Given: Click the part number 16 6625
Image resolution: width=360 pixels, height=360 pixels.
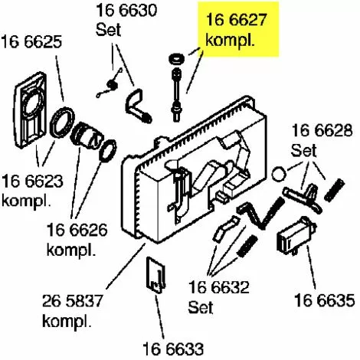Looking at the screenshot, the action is point(31,42).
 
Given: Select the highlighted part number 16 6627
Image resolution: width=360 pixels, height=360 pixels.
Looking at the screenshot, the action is point(236,19).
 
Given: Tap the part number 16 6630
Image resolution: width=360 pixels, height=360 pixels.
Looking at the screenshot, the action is point(126,10).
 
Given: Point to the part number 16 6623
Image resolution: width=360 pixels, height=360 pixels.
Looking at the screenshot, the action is point(33,181).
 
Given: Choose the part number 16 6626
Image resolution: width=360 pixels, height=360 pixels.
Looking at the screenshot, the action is point(77,230).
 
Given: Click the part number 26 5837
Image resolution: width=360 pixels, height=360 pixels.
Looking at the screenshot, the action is point(73,301).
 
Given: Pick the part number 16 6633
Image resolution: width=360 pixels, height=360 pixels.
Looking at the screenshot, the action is point(173,349).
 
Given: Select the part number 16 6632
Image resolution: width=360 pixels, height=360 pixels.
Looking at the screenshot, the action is point(219,287).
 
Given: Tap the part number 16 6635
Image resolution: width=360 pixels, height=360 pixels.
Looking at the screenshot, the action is point(325,299).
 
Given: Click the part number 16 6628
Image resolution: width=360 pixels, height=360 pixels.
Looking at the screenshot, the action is point(322,130).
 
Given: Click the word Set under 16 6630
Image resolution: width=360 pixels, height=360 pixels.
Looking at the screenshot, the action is point(108,30).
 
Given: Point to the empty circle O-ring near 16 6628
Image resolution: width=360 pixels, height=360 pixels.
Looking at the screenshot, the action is point(279,174).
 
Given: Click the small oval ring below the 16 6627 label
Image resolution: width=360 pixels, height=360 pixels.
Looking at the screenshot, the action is point(175,59).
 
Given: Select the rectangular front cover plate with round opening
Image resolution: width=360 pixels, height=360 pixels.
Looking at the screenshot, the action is point(31,110).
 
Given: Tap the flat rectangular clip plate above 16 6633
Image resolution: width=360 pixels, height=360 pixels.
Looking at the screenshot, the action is point(155,275).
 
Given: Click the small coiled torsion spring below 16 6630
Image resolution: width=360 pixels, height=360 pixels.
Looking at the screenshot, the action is point(110,83).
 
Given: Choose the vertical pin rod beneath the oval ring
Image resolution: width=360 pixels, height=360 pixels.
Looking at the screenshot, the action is point(177,95).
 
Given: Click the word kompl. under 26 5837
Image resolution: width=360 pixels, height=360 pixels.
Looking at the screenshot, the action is point(67,321).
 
